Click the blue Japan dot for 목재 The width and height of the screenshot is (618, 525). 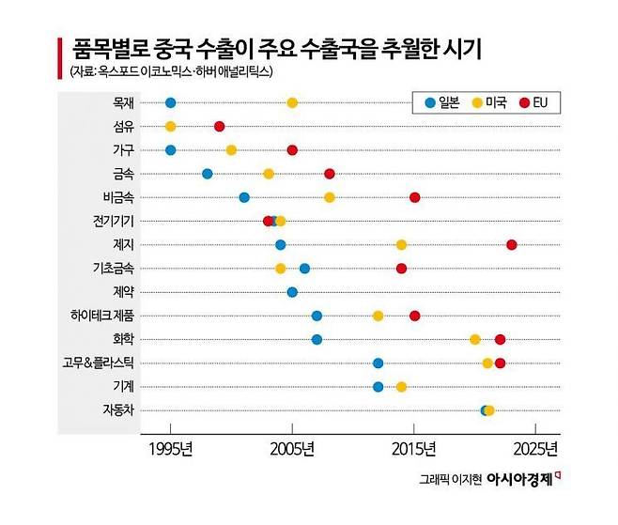click(x=170, y=102)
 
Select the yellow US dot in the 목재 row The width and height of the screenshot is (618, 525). click(x=292, y=102)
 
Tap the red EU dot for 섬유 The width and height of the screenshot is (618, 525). click(x=219, y=126)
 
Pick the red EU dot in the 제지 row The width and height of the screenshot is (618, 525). click(x=512, y=244)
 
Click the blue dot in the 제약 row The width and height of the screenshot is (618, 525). click(x=292, y=292)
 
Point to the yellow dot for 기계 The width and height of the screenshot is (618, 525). click(x=401, y=386)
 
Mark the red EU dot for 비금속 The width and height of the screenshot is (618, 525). click(x=414, y=197)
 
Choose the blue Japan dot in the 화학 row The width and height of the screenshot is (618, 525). click(x=317, y=339)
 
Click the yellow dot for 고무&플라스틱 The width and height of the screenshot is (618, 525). click(x=487, y=363)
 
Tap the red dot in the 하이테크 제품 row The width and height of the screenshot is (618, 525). click(x=414, y=316)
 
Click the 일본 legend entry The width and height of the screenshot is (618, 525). click(x=440, y=102)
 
